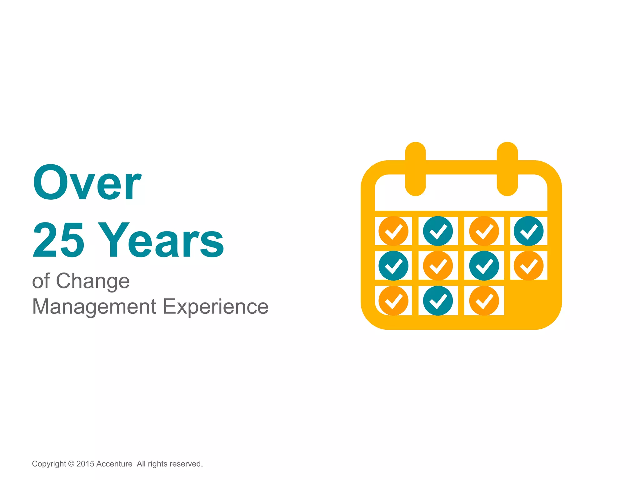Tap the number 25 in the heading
pos(58,240)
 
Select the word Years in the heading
pos(161,240)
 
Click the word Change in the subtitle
pos(93,281)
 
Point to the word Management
pos(94,307)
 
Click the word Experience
pos(216,307)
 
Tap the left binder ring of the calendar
pos(415,169)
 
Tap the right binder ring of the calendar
pos(507,169)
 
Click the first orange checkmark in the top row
pos(393,231)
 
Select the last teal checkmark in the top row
pos(528,231)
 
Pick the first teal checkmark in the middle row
pos(393,266)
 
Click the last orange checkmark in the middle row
pos(528,266)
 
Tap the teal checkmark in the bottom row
pos(438,301)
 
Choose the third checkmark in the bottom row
pos(484,301)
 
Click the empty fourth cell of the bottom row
pos(528,301)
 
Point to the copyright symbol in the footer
pos(71,464)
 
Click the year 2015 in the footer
pos(85,464)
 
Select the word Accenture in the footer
pos(114,464)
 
